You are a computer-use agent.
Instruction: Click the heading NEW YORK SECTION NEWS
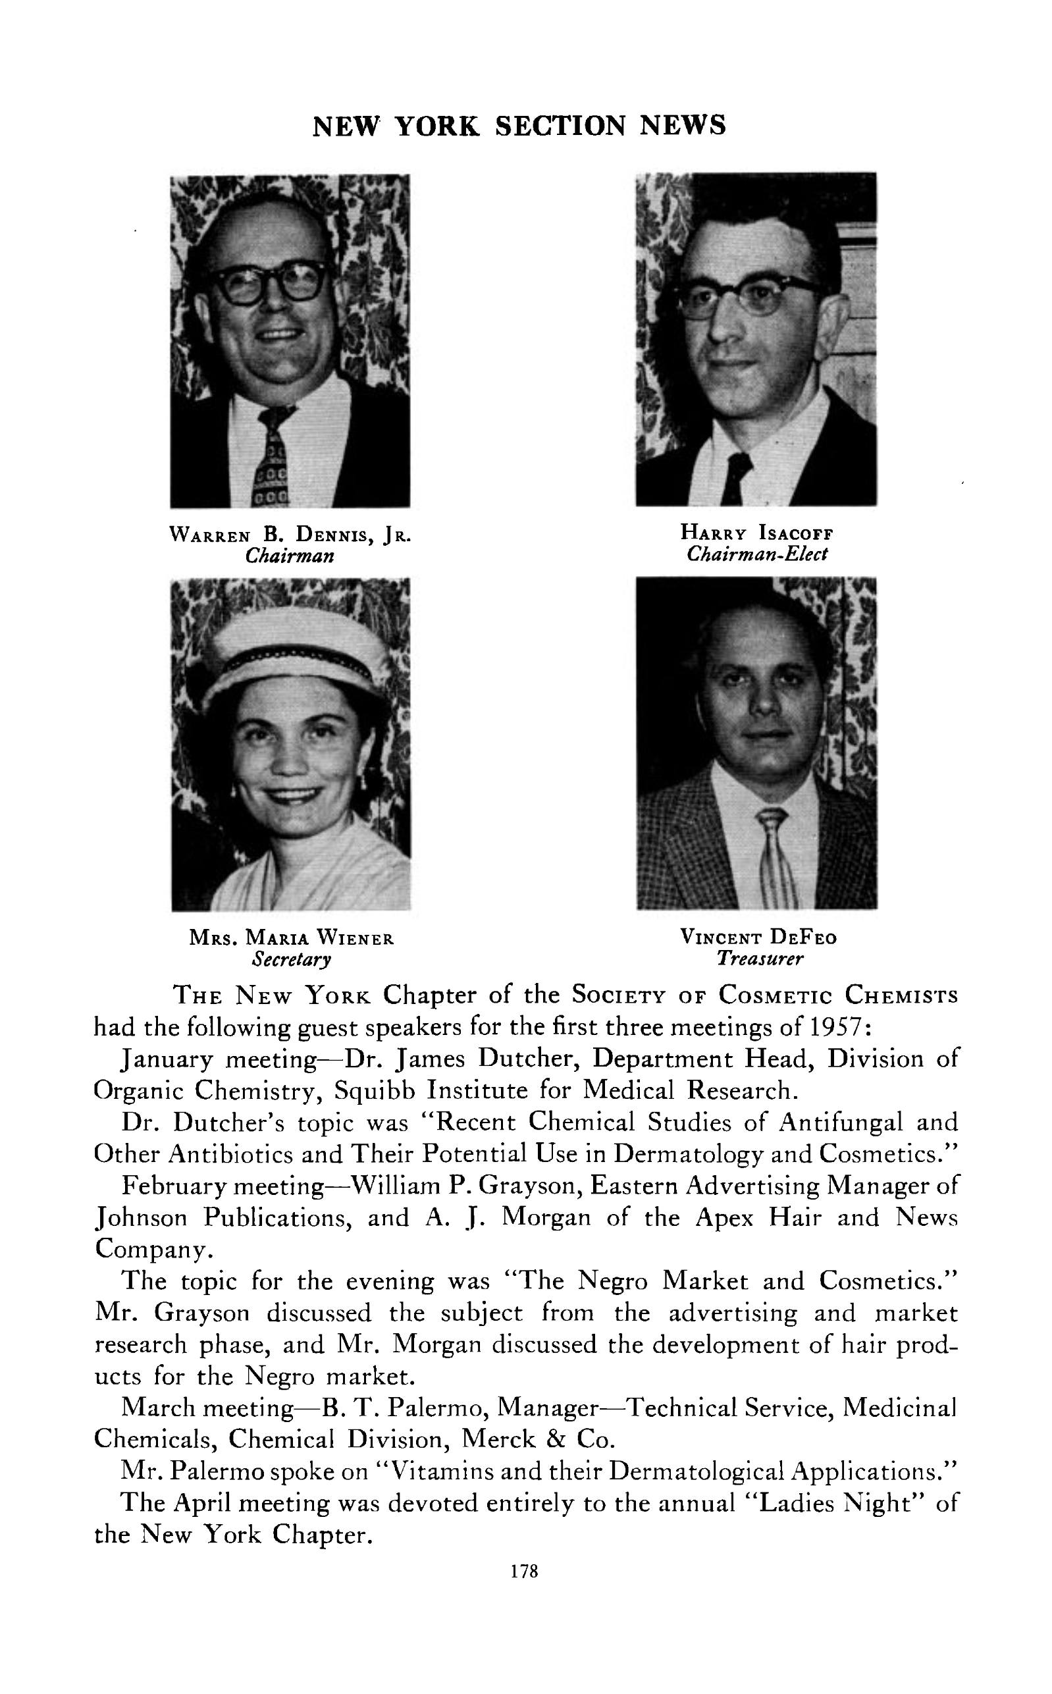[x=519, y=126]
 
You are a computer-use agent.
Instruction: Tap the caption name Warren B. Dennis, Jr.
[x=291, y=535]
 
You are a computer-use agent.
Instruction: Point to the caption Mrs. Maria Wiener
[x=292, y=938]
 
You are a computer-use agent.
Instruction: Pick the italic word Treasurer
[x=760, y=959]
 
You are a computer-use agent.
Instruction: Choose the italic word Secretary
[x=292, y=959]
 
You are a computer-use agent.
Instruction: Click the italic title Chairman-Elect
[x=756, y=554]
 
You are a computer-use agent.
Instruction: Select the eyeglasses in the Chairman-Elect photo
[x=748, y=296]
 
